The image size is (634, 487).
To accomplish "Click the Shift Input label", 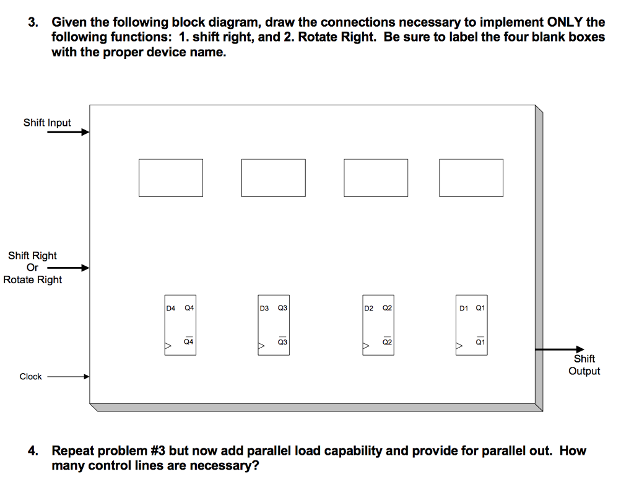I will [47, 123].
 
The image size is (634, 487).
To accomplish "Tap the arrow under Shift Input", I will [68, 132].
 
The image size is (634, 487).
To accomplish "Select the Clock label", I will [30, 377].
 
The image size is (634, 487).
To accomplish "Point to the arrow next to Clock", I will [68, 377].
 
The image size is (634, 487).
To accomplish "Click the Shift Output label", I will [584, 365].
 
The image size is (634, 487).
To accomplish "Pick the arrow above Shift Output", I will [560, 350].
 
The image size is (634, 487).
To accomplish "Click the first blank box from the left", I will [170, 178].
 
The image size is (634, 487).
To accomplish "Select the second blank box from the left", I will [273, 178].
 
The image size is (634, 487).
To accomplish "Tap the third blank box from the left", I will [376, 178].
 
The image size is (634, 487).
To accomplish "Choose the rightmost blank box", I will [471, 178].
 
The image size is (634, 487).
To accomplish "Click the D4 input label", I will [171, 307].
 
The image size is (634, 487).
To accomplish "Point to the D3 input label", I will [264, 307].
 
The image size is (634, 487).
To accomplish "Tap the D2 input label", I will [369, 307].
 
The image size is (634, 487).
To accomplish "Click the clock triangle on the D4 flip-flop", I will [168, 346].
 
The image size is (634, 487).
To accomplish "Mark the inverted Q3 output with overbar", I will [282, 341].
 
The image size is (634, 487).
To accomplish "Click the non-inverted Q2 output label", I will [388, 307].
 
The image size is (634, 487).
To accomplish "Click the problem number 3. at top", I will [33, 23].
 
